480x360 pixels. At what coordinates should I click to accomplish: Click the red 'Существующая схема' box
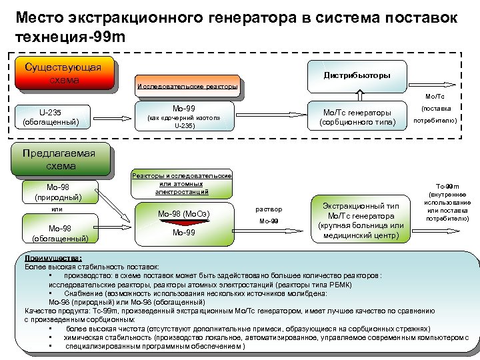[63, 73]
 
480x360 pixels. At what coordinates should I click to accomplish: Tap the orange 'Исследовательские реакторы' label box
[187, 87]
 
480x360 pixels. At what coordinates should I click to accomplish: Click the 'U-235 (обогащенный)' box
[51, 117]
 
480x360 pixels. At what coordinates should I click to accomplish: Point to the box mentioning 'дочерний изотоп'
[184, 117]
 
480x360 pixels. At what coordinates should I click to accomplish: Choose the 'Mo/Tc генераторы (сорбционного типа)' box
[357, 117]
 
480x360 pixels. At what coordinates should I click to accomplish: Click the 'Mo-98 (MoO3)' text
[184, 214]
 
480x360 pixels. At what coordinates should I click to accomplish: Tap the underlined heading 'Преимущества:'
[53, 257]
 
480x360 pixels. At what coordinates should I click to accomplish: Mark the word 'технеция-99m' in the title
[69, 37]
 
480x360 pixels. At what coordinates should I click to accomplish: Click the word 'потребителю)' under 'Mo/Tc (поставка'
[435, 121]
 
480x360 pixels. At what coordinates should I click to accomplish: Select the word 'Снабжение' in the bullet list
[84, 293]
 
